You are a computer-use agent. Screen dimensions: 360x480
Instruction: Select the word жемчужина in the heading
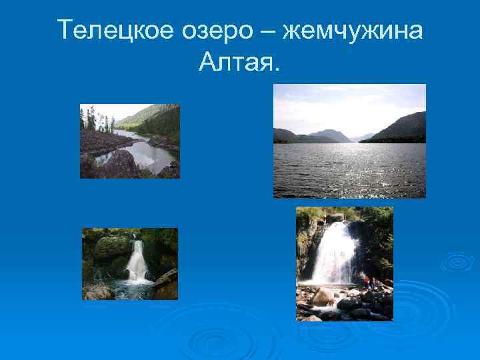click(x=353, y=30)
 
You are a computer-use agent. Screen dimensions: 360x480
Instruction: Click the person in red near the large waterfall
click(x=366, y=281)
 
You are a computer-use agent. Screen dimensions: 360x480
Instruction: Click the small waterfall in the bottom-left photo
click(x=137, y=261)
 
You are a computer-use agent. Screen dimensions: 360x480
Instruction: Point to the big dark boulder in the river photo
click(x=121, y=164)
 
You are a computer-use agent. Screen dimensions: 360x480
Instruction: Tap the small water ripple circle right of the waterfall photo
click(x=457, y=261)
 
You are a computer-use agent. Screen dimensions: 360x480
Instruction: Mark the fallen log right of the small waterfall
click(x=165, y=277)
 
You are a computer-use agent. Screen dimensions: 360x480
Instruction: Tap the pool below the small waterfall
click(x=133, y=288)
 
